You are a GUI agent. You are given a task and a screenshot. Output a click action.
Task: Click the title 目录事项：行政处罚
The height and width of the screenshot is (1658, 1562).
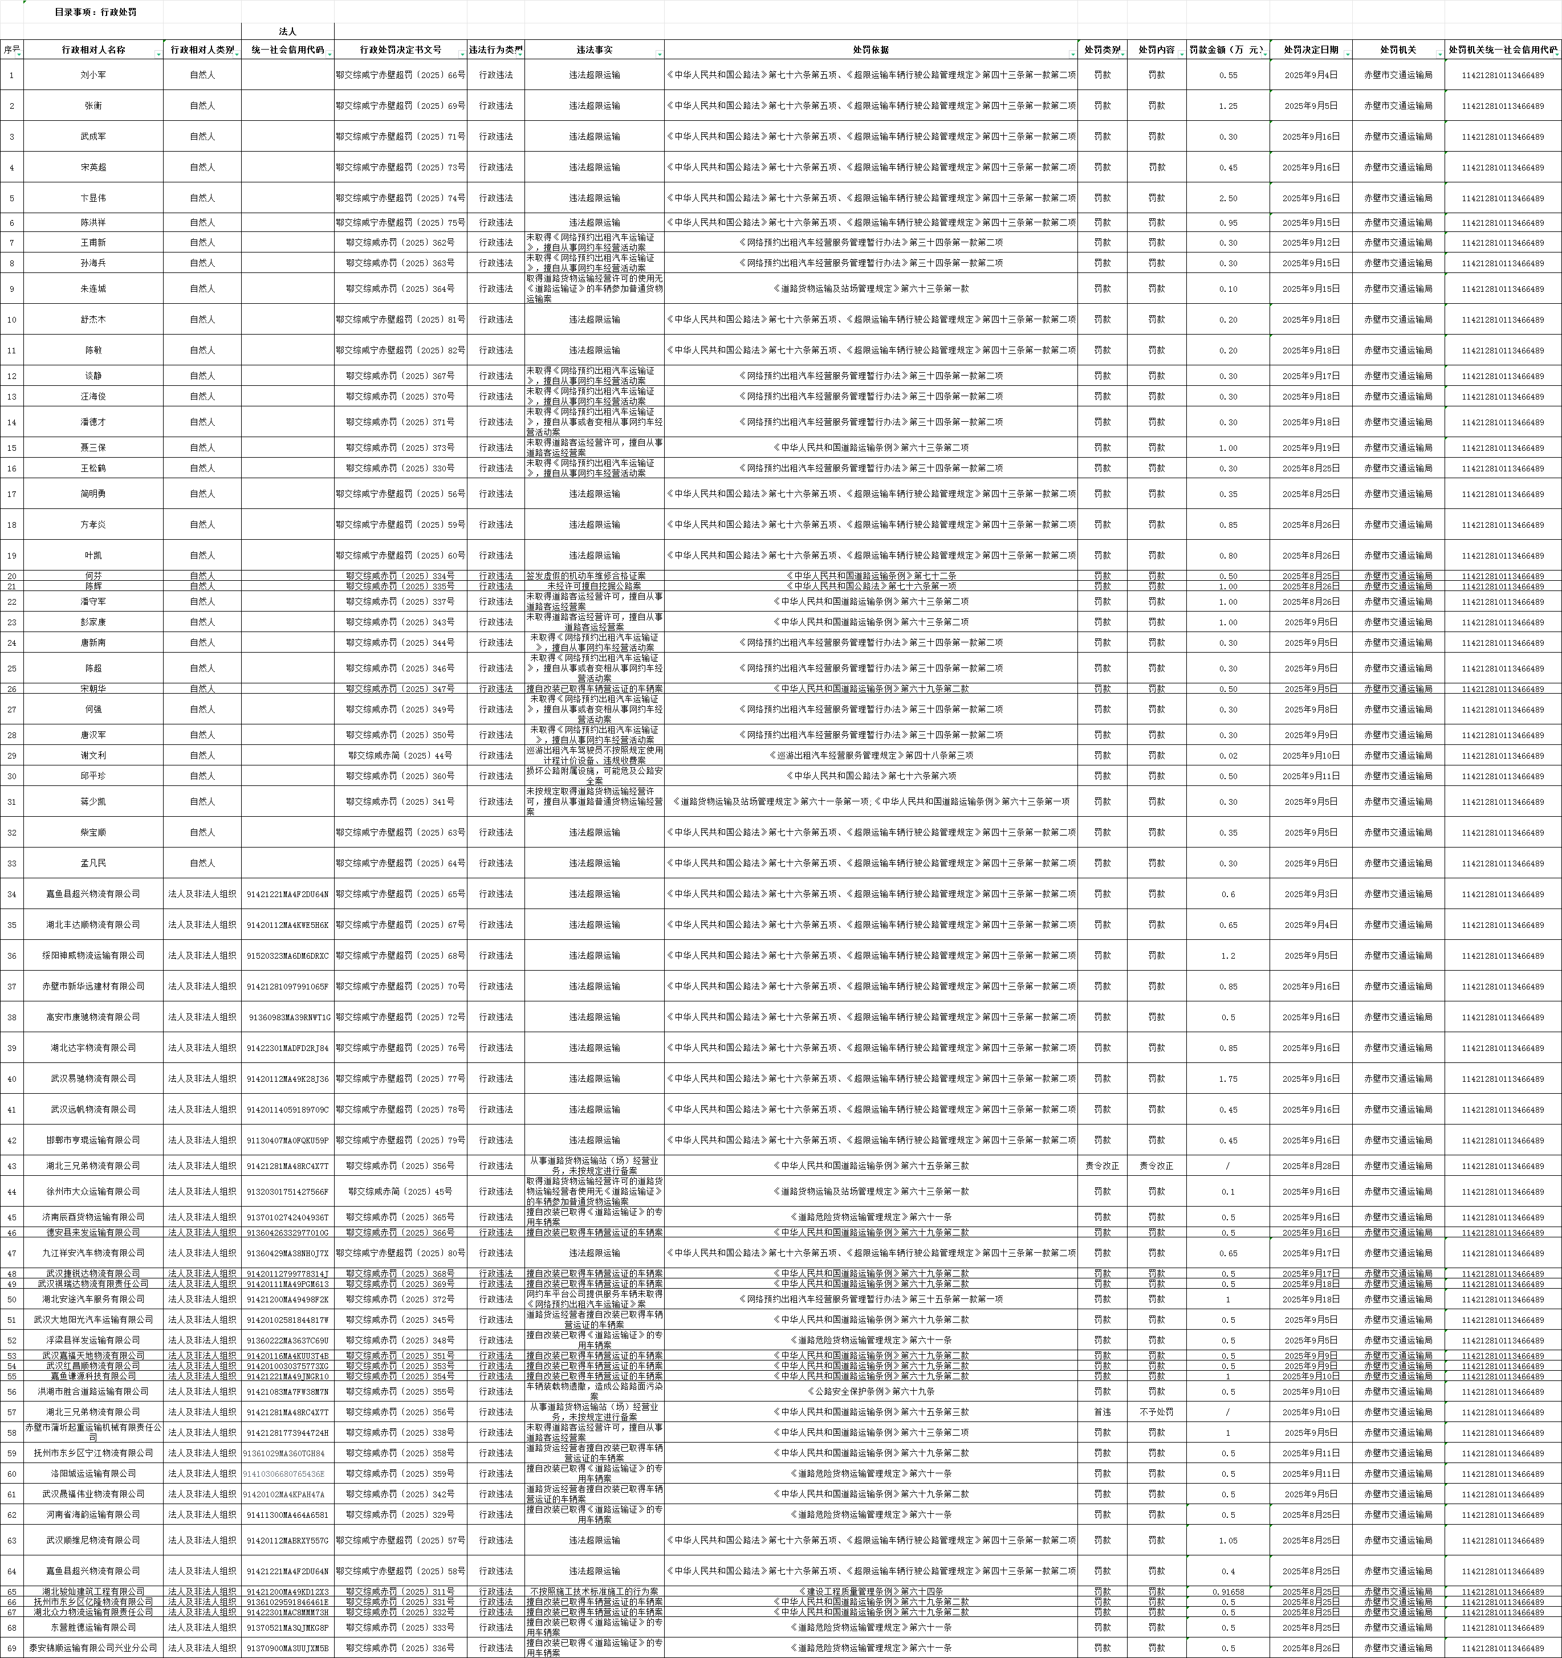pyautogui.click(x=95, y=13)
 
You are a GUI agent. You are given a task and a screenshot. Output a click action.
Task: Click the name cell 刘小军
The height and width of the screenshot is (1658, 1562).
pyautogui.click(x=93, y=75)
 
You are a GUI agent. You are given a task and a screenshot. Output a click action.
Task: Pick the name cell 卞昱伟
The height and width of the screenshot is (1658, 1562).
pyautogui.click(x=93, y=198)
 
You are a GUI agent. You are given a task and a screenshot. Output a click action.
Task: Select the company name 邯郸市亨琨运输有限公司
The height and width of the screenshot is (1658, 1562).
pyautogui.click(x=93, y=1140)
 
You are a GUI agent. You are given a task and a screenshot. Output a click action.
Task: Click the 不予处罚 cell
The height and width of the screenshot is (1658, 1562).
pyautogui.click(x=1156, y=1412)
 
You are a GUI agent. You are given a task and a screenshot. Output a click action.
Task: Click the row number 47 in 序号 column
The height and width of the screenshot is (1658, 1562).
pyautogui.click(x=11, y=1253)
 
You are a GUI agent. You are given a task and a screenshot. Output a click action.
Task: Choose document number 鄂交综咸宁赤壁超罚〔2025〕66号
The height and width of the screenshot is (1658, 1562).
pyautogui.click(x=400, y=75)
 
